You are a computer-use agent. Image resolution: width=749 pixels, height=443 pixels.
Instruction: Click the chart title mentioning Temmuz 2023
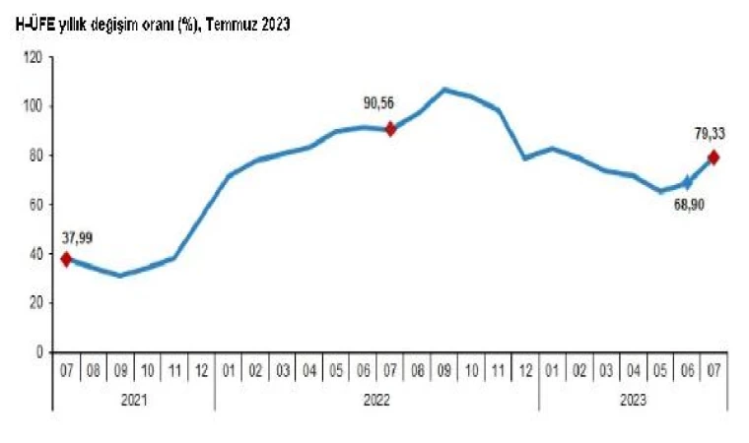pyautogui.click(x=152, y=27)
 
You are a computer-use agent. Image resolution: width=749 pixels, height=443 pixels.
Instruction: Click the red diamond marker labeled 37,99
pyautogui.click(x=67, y=259)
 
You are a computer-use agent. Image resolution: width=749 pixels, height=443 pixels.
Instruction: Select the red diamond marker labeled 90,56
pyautogui.click(x=391, y=128)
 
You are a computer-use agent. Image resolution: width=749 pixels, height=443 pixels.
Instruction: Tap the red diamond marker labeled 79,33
pyautogui.click(x=714, y=158)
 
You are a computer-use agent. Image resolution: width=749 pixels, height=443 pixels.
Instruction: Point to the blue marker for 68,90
pyautogui.click(x=687, y=182)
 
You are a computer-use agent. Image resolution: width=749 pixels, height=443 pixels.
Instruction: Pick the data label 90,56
pyautogui.click(x=384, y=101)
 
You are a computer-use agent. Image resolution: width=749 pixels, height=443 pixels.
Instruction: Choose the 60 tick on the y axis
pyautogui.click(x=34, y=205)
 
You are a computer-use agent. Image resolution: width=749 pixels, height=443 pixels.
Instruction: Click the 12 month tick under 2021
pyautogui.click(x=201, y=371)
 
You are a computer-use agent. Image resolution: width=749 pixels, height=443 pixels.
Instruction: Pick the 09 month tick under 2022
pyautogui.click(x=445, y=371)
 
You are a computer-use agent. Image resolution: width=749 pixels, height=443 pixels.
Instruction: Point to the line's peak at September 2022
pyautogui.click(x=445, y=90)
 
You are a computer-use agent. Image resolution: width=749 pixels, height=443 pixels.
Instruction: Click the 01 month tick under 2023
pyautogui.click(x=553, y=371)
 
